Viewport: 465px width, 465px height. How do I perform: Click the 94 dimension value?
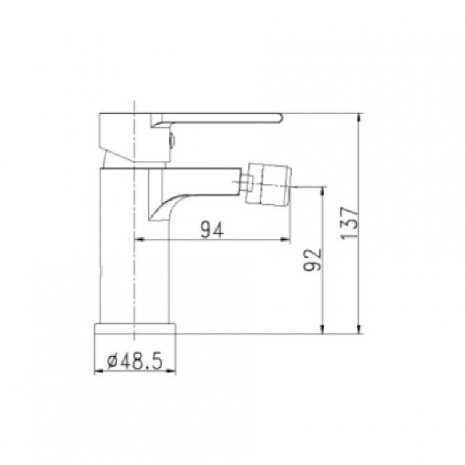(x=212, y=230)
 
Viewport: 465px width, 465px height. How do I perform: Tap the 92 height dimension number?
(x=312, y=260)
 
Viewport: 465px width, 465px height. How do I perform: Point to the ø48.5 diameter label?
(x=135, y=361)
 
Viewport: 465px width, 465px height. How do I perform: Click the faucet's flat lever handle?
(x=216, y=118)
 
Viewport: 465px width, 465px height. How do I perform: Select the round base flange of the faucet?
(x=135, y=328)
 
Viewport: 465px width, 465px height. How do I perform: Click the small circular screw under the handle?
(x=172, y=141)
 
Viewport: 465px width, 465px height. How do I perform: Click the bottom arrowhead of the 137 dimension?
(x=359, y=330)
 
